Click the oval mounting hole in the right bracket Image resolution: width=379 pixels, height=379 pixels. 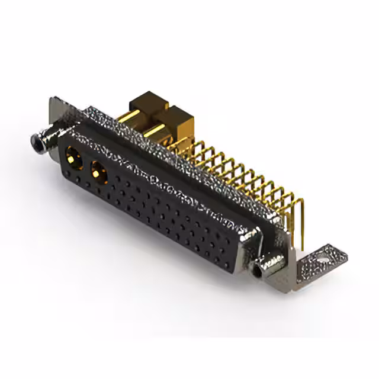[323, 259]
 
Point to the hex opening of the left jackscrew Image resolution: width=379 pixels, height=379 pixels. [37, 143]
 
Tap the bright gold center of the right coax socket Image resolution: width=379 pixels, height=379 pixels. [97, 174]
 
